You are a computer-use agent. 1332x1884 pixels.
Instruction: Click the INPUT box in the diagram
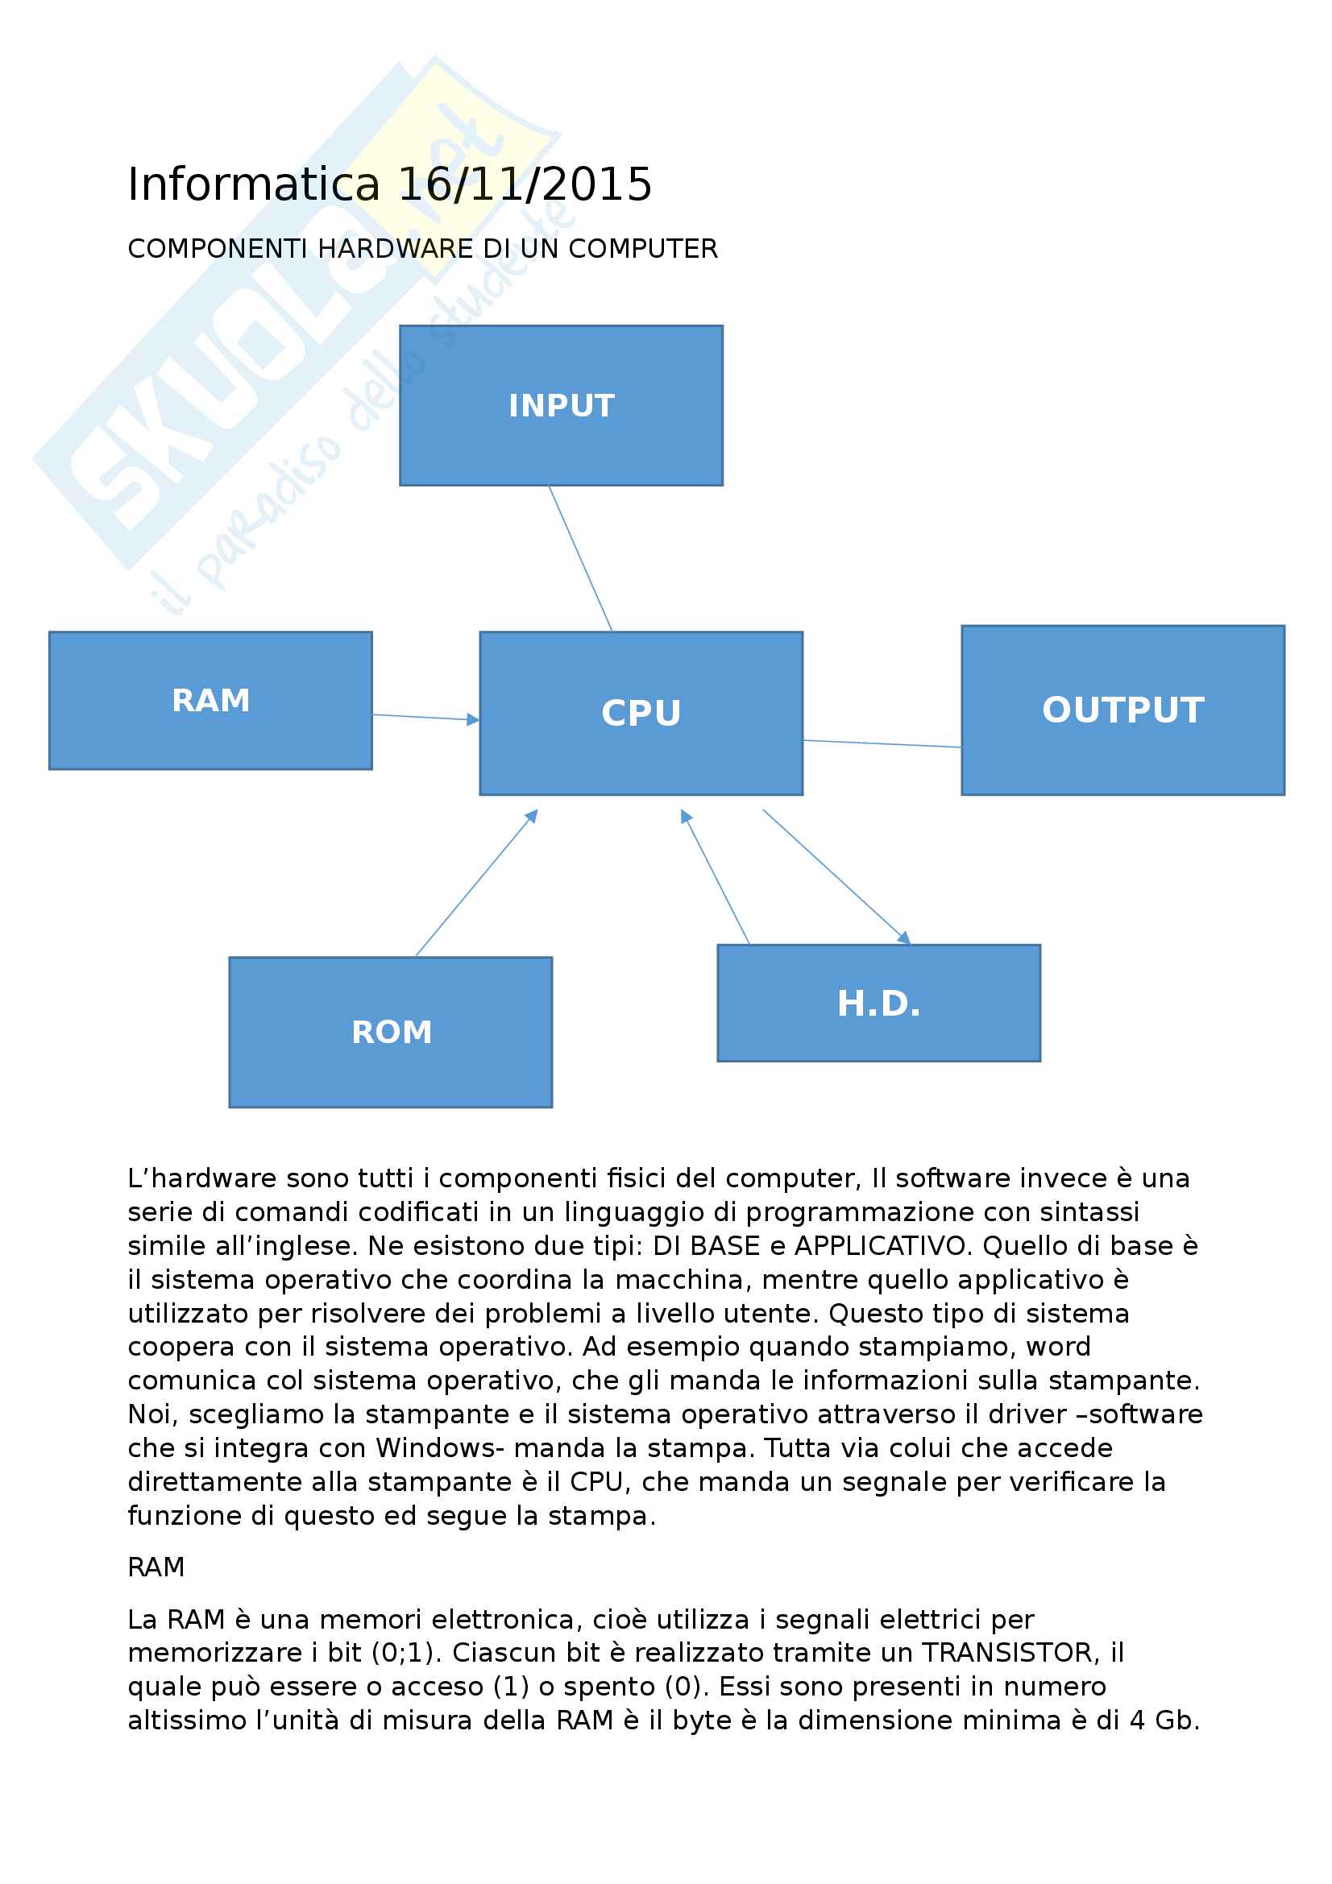coord(561,405)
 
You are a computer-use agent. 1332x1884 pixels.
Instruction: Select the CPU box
coord(640,712)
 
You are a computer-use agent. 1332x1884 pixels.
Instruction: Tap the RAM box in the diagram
coord(210,700)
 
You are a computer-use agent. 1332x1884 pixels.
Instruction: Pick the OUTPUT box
coord(1122,710)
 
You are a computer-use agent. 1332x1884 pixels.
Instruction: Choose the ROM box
coord(390,1032)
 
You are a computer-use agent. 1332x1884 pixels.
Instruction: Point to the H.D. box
coord(878,1003)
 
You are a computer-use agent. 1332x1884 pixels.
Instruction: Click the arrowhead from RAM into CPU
coord(473,719)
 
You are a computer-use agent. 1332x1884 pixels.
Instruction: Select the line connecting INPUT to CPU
coord(580,558)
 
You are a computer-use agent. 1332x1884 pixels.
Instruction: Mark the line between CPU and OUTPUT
coord(882,744)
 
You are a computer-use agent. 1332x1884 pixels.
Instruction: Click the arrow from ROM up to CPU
coord(476,883)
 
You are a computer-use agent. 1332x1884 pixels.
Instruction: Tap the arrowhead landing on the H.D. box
coord(903,938)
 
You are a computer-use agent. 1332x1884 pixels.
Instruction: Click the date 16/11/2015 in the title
coord(525,184)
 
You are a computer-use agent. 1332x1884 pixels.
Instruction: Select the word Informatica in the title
coord(254,184)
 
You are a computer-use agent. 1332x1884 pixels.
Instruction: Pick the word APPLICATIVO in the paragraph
coord(883,1245)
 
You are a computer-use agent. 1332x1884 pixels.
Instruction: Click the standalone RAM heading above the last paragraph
coord(156,1567)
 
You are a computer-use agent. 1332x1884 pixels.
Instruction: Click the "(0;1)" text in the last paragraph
coord(406,1652)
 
